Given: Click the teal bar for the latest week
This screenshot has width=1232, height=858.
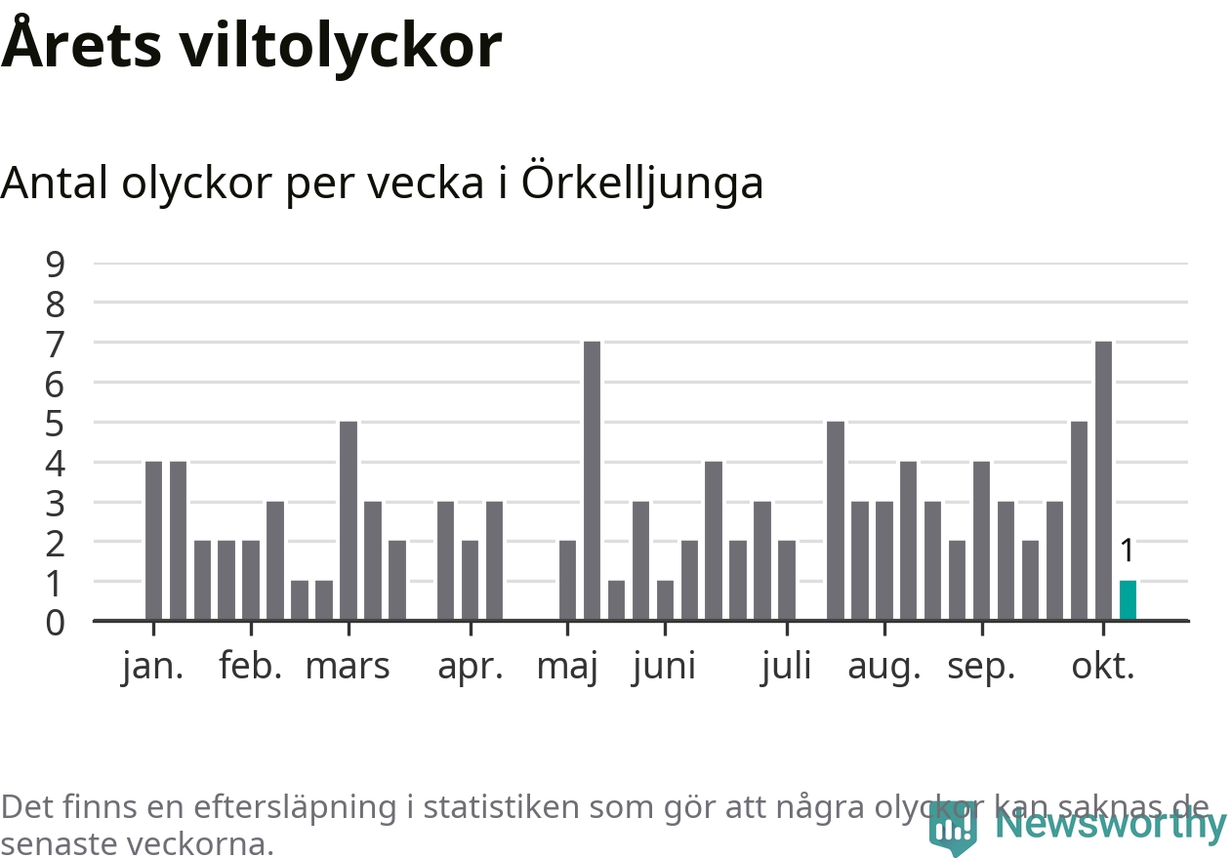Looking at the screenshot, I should click(1128, 600).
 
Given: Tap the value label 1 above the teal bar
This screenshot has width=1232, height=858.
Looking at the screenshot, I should click(1128, 552).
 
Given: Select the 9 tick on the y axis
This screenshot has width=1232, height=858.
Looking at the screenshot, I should click(56, 264).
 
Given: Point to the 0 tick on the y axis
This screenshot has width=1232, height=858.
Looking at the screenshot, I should click(56, 622).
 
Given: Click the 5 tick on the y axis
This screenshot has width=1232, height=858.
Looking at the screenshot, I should click(56, 423).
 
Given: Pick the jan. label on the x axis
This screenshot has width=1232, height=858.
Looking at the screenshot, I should click(153, 667).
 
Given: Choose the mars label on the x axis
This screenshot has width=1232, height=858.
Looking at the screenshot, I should click(348, 667).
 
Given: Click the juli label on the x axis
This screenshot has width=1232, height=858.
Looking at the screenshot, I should click(786, 667).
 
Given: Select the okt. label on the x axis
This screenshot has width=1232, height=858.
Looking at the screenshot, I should click(1103, 667).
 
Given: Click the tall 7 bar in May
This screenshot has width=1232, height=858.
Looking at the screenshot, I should click(592, 480).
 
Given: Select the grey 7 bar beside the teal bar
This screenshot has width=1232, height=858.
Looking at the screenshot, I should click(1103, 480).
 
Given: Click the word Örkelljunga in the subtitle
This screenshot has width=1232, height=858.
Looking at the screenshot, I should click(642, 184).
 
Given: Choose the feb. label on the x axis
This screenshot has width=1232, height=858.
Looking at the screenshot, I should click(251, 667).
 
